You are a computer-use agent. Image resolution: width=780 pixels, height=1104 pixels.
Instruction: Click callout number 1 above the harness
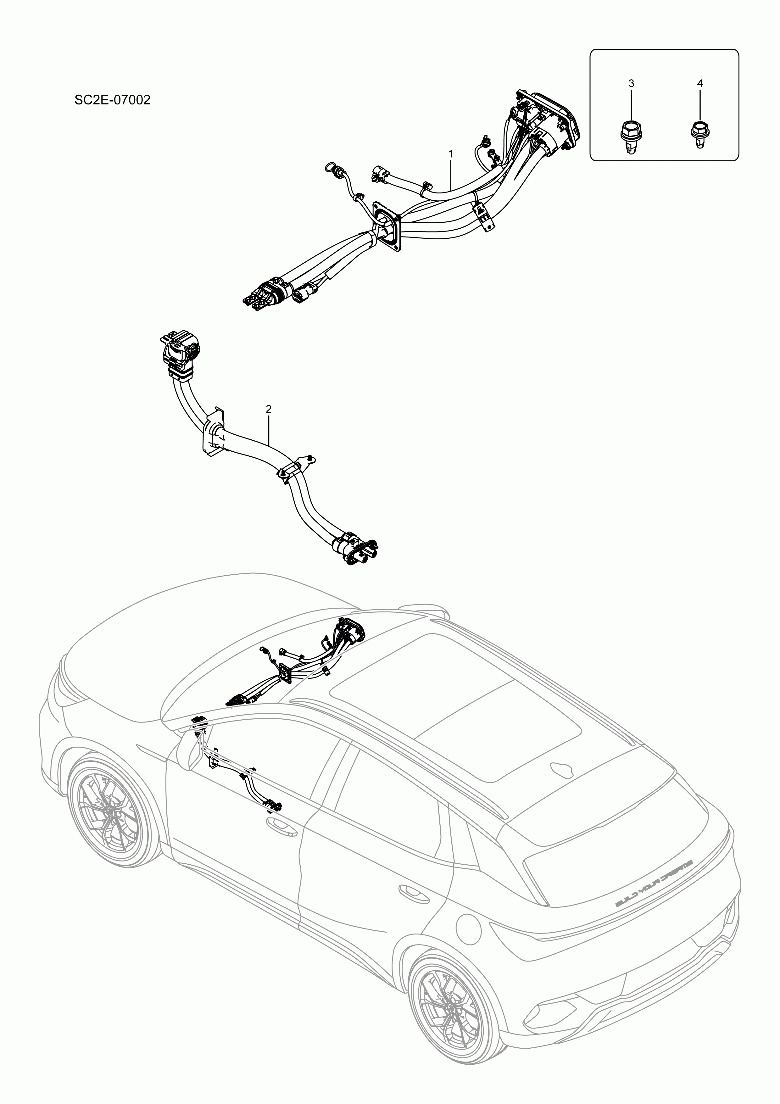451,153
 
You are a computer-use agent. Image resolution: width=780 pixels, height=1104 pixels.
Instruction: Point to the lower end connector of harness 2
358,550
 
